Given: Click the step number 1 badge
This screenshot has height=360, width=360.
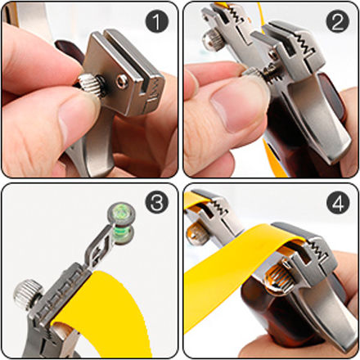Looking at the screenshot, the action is click(157, 21).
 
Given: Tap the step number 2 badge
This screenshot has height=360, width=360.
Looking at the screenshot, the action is click(338, 21).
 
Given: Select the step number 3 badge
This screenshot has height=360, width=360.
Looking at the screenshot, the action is click(157, 202).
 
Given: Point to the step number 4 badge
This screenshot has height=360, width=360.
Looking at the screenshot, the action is click(338, 202).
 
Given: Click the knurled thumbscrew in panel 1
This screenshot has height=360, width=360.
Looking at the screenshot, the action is click(89, 85).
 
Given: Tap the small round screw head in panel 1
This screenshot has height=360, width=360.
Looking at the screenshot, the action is click(122, 81).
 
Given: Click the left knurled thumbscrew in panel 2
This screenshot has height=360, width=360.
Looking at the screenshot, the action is click(212, 40).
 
